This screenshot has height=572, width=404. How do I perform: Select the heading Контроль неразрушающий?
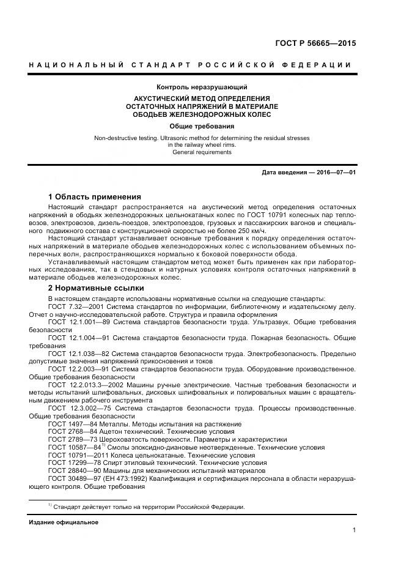pos(202,87)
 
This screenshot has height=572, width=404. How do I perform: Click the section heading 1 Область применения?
pos(94,197)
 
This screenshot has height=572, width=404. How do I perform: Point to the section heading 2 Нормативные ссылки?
pos(95,288)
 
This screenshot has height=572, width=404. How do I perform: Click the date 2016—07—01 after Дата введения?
pos(333,173)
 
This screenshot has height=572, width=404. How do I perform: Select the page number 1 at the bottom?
pos(354,530)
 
